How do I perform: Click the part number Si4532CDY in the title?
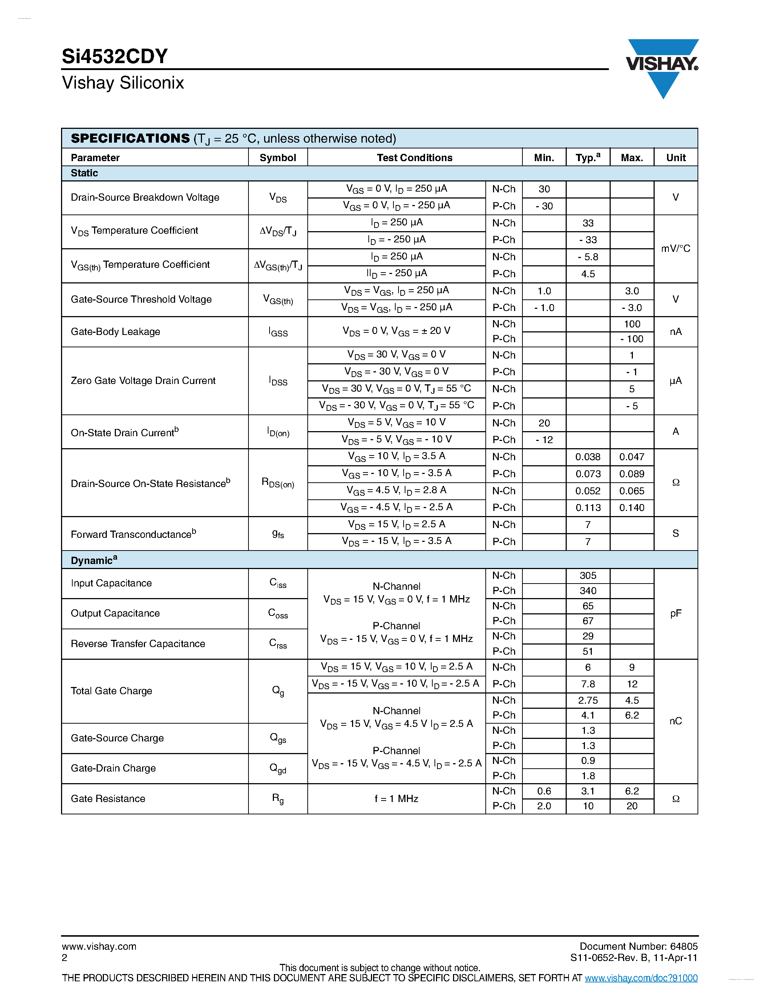coord(115,57)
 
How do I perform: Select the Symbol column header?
coord(278,158)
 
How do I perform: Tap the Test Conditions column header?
coord(415,158)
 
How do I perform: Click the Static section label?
coord(84,173)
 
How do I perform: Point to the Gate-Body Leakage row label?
coord(115,332)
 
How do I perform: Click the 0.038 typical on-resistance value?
coord(588,457)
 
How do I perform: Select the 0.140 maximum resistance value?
coord(632,508)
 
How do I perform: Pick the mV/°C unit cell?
coord(675,249)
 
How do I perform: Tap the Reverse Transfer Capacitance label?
coord(138,644)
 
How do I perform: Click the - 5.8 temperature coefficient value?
coord(588,257)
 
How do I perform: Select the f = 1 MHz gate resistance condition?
coord(396,799)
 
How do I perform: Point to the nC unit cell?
coord(675,721)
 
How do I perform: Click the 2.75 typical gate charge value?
coord(588,700)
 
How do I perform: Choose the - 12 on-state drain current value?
coord(544,439)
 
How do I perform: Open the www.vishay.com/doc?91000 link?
coord(641,978)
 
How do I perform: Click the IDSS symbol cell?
coord(278,381)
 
